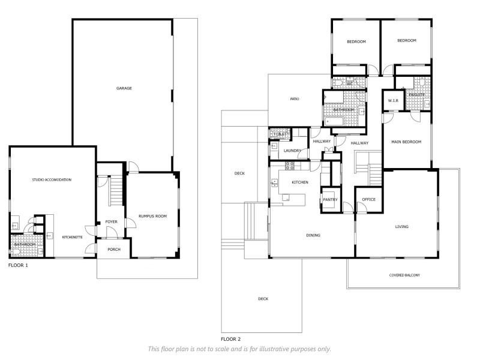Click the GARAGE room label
click(124, 88)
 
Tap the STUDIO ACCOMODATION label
click(52, 179)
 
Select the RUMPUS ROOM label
click(153, 216)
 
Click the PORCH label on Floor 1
click(114, 250)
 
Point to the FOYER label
click(111, 221)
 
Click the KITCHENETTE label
click(72, 237)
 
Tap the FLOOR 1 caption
click(18, 265)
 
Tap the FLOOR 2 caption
click(231, 339)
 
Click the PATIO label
click(295, 99)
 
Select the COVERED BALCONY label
click(404, 275)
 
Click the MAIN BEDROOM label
click(406, 142)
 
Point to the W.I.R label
click(393, 100)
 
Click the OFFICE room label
click(368, 199)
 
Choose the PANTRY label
click(330, 200)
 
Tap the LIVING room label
click(401, 227)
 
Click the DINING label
click(313, 235)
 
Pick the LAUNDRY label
click(292, 151)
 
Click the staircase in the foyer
click(116, 190)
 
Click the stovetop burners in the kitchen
click(290, 166)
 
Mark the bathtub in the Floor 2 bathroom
click(334, 122)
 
